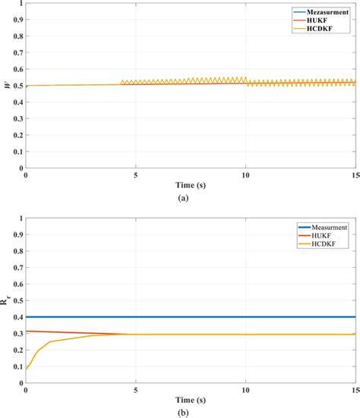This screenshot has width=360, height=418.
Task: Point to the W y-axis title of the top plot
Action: point(7,86)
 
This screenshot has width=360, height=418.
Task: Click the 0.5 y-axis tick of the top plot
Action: point(18,86)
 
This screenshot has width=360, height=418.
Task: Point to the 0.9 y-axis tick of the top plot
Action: point(18,20)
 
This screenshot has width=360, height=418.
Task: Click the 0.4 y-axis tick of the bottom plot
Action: point(18,317)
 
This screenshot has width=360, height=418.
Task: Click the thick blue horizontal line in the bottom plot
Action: point(190,317)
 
